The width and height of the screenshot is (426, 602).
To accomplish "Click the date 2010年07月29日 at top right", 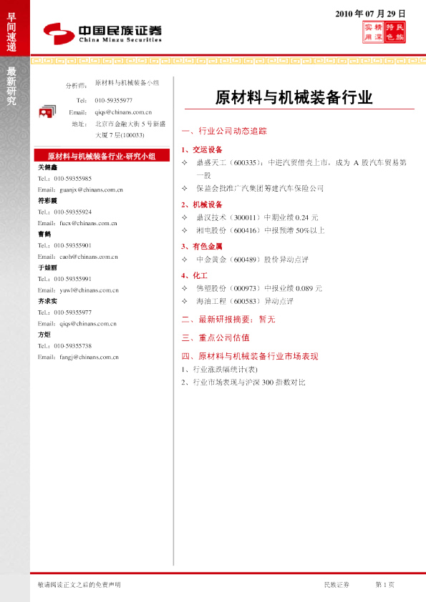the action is point(371,14).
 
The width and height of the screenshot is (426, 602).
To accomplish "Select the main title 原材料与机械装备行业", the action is point(294,98).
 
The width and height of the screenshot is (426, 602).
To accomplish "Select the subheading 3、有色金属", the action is point(201,246).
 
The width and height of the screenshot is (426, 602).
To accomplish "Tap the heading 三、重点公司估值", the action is point(215,337).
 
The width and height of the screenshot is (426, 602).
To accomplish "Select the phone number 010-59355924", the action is point(72,212).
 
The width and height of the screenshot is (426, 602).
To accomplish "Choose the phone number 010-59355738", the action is point(72,345).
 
